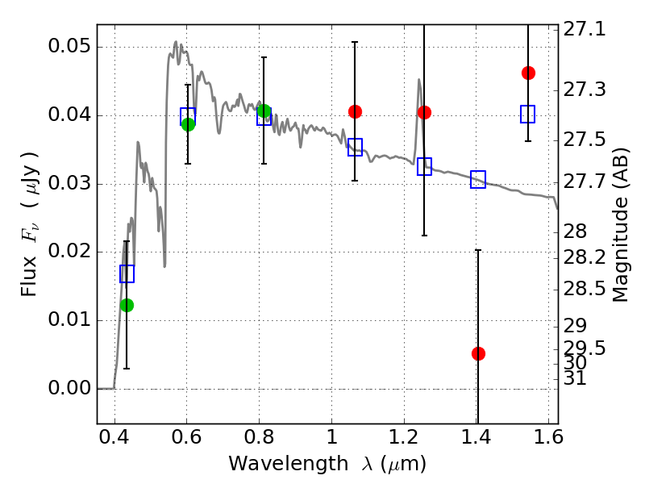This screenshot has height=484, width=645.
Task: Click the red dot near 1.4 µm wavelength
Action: pyautogui.click(x=478, y=353)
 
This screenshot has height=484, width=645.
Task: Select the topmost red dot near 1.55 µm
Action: pyautogui.click(x=528, y=73)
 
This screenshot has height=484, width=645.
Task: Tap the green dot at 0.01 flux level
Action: pyautogui.click(x=127, y=305)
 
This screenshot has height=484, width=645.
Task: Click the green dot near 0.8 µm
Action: pyautogui.click(x=264, y=111)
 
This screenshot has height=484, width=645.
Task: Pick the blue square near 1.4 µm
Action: pyautogui.click(x=478, y=179)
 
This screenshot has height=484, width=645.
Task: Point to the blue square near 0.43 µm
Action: pyautogui.click(x=127, y=273)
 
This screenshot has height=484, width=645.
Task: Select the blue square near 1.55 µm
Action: pyautogui.click(x=528, y=114)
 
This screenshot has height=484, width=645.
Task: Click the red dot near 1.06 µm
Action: pyautogui.click(x=355, y=111)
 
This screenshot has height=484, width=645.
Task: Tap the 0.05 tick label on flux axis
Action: pyautogui.click(x=69, y=46)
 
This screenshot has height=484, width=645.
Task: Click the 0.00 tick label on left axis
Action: pyautogui.click(x=69, y=388)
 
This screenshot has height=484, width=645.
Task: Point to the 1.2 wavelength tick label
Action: pyautogui.click(x=404, y=437)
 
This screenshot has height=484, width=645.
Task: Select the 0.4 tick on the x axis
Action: pyautogui.click(x=114, y=437)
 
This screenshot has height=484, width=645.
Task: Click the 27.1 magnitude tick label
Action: pyautogui.click(x=584, y=29)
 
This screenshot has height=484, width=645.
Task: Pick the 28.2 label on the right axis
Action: pyautogui.click(x=584, y=257)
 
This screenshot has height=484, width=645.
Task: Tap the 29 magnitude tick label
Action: pyautogui.click(x=575, y=326)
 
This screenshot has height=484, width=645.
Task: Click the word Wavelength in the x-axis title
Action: pyautogui.click(x=288, y=464)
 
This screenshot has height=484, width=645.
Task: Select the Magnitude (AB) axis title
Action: pyautogui.click(x=620, y=225)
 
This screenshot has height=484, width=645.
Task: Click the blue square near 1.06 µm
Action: pyautogui.click(x=355, y=147)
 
